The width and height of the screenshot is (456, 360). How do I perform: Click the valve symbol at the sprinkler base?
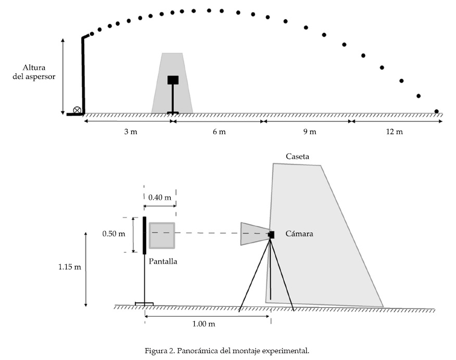(x=77, y=110)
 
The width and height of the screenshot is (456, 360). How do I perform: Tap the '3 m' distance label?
(x=131, y=132)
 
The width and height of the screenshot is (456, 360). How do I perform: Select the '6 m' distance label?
(x=219, y=132)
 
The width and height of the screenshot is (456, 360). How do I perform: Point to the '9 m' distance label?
(x=309, y=132)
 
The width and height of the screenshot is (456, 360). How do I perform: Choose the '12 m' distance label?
(x=394, y=132)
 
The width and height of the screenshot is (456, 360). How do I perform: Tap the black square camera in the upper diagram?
(x=173, y=80)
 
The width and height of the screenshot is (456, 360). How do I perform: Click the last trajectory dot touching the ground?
(x=436, y=111)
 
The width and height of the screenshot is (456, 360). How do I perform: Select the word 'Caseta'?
(x=297, y=156)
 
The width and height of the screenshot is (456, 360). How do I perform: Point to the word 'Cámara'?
(x=299, y=234)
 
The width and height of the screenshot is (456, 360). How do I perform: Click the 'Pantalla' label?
(x=163, y=261)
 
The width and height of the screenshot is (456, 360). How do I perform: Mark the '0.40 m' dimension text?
(x=159, y=198)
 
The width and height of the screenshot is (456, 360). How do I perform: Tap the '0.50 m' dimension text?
(x=114, y=234)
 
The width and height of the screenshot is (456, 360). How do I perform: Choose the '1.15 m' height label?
(x=69, y=267)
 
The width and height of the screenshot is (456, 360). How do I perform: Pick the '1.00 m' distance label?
(x=204, y=324)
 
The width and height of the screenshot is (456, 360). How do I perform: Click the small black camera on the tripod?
(x=271, y=235)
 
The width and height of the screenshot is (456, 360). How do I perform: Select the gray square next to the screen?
(x=162, y=235)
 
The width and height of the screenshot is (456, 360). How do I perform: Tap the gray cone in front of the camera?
(x=254, y=234)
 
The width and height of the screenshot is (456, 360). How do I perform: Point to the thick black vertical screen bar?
(x=144, y=235)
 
